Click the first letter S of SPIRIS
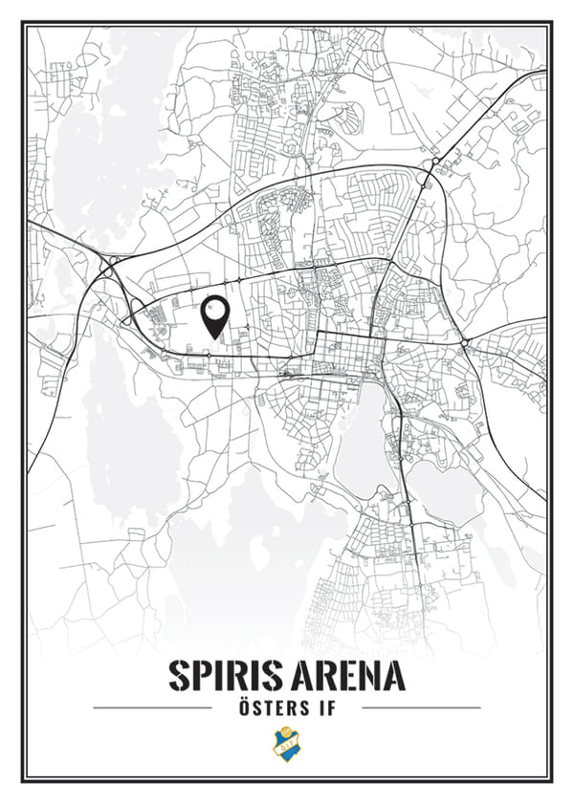click(179, 675)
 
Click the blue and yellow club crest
click(286, 744)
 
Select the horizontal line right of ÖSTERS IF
click(421, 708)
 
